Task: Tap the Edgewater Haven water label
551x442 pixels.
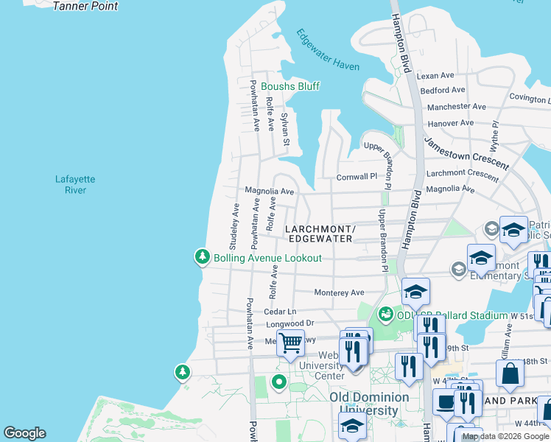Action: [x=328, y=50]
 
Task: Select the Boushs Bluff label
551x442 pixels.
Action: [x=290, y=86]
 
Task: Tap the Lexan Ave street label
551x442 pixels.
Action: [x=435, y=76]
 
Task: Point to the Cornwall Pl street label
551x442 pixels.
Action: [x=357, y=177]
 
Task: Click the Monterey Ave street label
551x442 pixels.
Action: [x=339, y=292]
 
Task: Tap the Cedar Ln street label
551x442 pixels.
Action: [x=279, y=312]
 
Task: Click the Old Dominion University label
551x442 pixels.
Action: [x=369, y=404]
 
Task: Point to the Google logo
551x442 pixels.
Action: [x=24, y=433]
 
